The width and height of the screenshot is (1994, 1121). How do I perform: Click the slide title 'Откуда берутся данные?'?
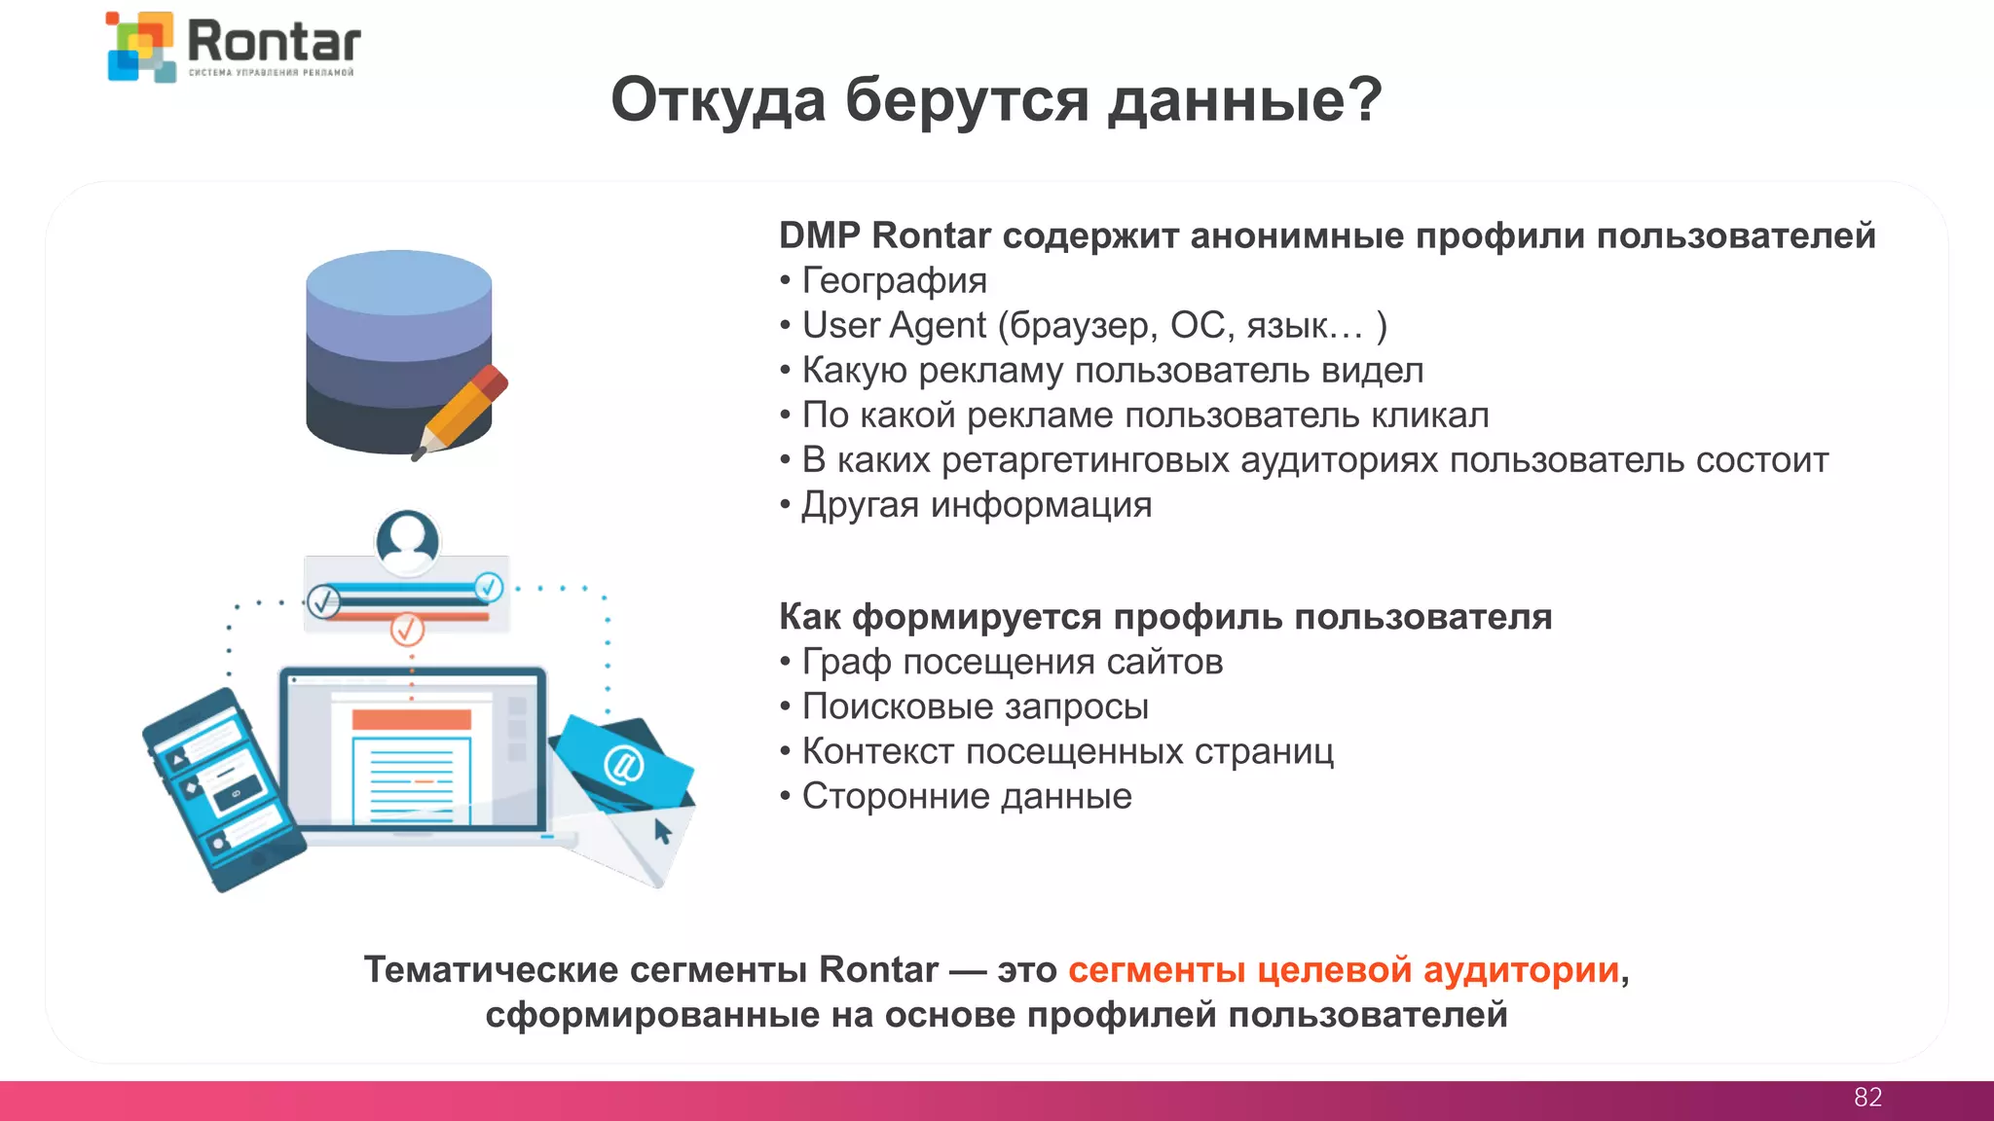996,99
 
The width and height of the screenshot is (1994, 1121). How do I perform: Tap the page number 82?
1867,1098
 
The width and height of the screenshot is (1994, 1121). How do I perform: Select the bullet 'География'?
894,281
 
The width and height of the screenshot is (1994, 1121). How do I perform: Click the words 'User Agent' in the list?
894,326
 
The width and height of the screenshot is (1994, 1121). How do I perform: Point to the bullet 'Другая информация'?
976,505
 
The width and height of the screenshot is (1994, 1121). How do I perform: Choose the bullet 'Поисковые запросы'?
975,706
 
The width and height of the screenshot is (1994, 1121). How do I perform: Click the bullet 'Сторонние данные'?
966,796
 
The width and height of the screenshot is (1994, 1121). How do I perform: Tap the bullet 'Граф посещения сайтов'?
1012,662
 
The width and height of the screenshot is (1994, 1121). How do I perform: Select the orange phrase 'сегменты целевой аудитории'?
1344,970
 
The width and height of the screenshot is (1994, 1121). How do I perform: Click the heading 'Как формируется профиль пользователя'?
1165,617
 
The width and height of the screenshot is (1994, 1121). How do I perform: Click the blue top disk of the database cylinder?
398,282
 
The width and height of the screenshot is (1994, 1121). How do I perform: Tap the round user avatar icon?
407,541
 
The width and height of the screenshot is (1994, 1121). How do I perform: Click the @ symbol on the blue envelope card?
622,765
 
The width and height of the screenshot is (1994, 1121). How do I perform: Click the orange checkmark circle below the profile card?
407,630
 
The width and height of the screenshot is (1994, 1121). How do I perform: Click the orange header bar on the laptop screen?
411,719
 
